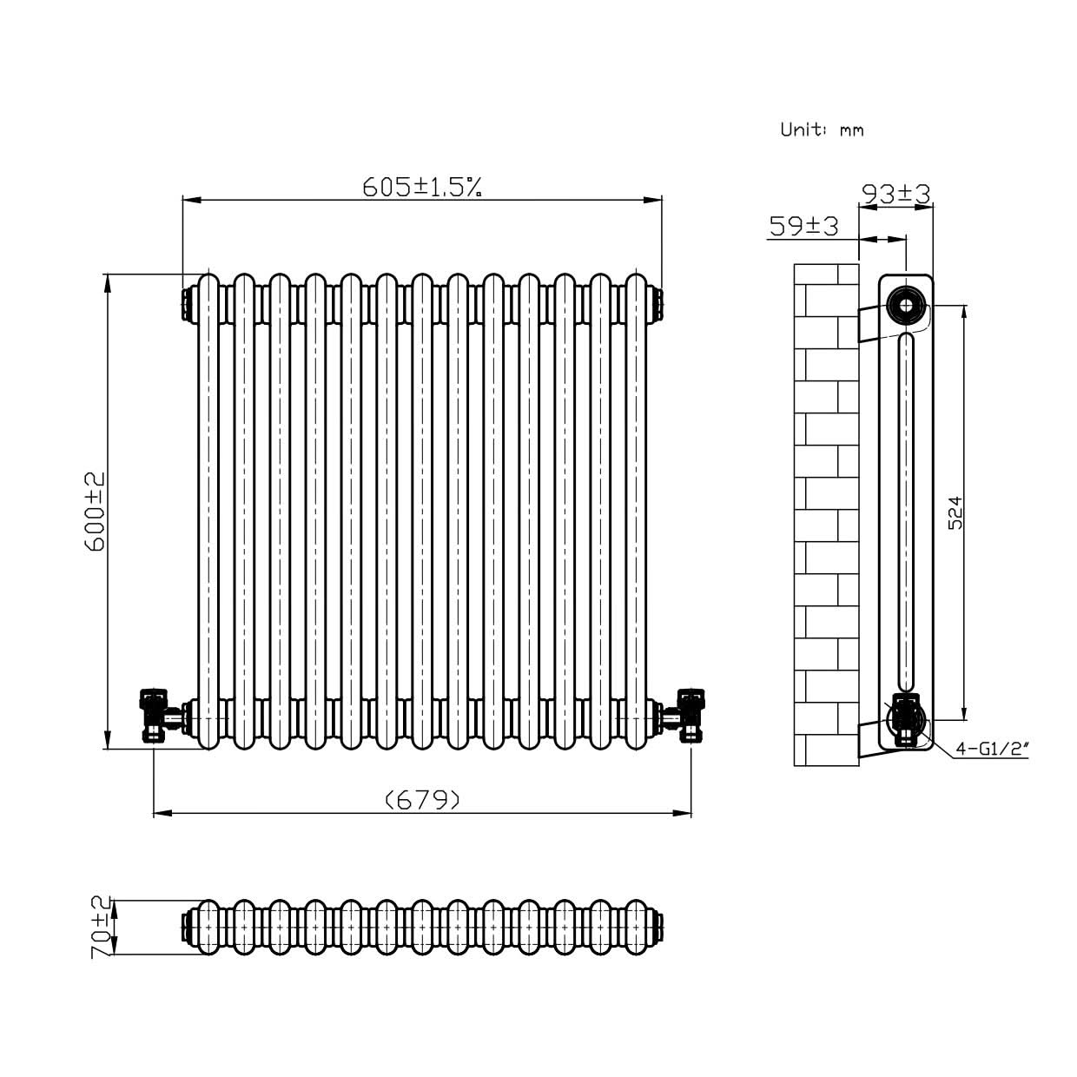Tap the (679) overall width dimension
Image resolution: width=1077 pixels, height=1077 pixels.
click(x=422, y=799)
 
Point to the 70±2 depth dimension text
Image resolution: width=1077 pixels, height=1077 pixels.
click(x=102, y=927)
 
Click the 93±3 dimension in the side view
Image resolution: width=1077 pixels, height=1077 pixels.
click(x=895, y=194)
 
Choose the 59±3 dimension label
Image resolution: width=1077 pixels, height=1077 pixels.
click(x=803, y=227)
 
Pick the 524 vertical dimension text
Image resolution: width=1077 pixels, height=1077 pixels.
click(x=955, y=512)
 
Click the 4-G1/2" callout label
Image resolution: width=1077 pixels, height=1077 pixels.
click(x=991, y=748)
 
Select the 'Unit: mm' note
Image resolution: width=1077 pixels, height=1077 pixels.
click(x=822, y=130)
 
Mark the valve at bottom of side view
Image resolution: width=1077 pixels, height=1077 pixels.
click(x=905, y=720)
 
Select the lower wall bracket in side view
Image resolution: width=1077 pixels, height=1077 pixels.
click(x=869, y=738)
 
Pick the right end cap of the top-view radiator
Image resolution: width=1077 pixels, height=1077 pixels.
click(x=658, y=927)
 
